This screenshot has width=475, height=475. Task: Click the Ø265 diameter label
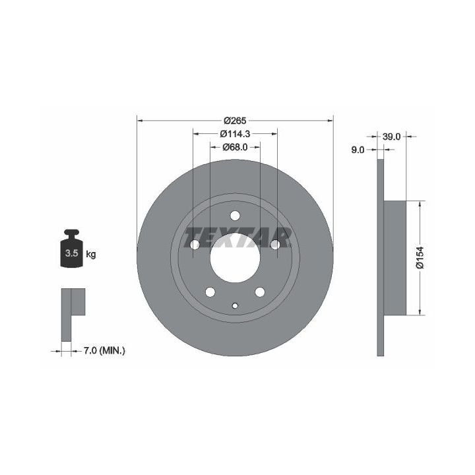pos(235,121)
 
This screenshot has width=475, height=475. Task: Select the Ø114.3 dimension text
pos(235,133)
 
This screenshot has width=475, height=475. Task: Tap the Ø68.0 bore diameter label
pos(235,147)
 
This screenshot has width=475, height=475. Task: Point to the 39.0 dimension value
pos(391,137)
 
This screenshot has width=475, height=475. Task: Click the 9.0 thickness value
pos(358,150)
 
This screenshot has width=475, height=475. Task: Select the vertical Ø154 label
pos(420,257)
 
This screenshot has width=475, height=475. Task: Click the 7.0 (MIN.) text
pos(104,351)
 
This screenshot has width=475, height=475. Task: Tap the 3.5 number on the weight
pos(72,253)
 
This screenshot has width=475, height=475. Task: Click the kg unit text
pos(91,254)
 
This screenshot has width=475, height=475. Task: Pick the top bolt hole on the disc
pos(235,216)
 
